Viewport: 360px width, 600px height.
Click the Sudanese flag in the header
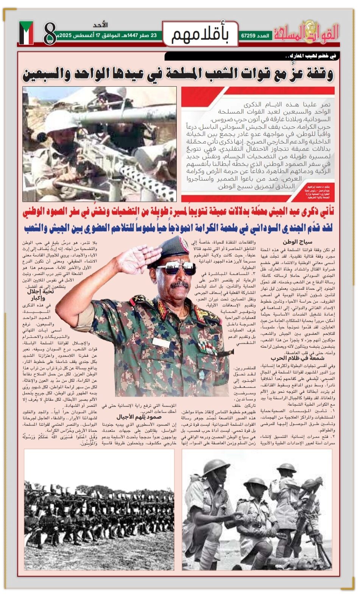[26, 33]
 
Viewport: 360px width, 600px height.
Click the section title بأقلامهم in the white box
[200, 34]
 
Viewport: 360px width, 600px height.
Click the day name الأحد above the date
[100, 25]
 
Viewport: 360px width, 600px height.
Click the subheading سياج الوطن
[297, 242]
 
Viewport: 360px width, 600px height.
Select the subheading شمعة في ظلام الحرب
[297, 358]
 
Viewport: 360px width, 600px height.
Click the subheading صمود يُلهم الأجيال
[139, 417]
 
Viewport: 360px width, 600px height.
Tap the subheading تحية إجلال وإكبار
[40, 294]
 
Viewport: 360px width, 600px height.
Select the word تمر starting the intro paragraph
[325, 105]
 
